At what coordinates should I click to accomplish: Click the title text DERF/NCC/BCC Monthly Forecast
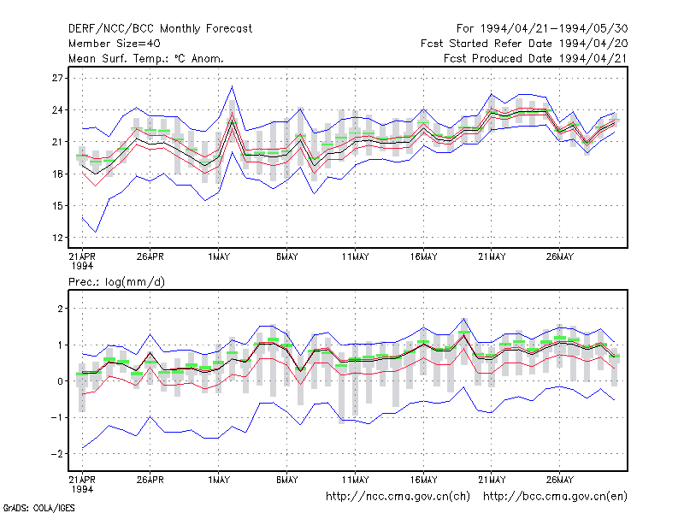[160, 29]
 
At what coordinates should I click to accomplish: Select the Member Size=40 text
[115, 44]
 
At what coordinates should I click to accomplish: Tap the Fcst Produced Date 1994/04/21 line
[536, 58]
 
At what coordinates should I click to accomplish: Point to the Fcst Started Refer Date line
[524, 44]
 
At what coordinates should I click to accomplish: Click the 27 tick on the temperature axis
[57, 78]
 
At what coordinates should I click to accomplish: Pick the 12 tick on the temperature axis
[57, 238]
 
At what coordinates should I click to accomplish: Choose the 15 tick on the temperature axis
[57, 206]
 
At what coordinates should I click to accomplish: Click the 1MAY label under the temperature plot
[219, 257]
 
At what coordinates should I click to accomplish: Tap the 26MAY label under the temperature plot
[560, 257]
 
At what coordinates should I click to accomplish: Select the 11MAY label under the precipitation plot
[355, 480]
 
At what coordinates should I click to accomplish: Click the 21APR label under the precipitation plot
[82, 480]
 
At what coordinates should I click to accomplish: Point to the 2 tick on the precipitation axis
[60, 309]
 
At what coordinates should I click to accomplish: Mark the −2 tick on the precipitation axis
[56, 454]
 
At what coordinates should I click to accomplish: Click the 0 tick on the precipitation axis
[60, 381]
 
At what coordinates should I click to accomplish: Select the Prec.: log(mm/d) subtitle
[116, 282]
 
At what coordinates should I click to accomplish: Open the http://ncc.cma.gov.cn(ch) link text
[398, 497]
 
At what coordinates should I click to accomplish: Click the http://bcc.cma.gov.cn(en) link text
[555, 497]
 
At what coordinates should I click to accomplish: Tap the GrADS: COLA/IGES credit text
[38, 508]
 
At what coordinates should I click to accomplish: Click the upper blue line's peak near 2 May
[232, 86]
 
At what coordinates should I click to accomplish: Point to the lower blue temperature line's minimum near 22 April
[96, 232]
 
